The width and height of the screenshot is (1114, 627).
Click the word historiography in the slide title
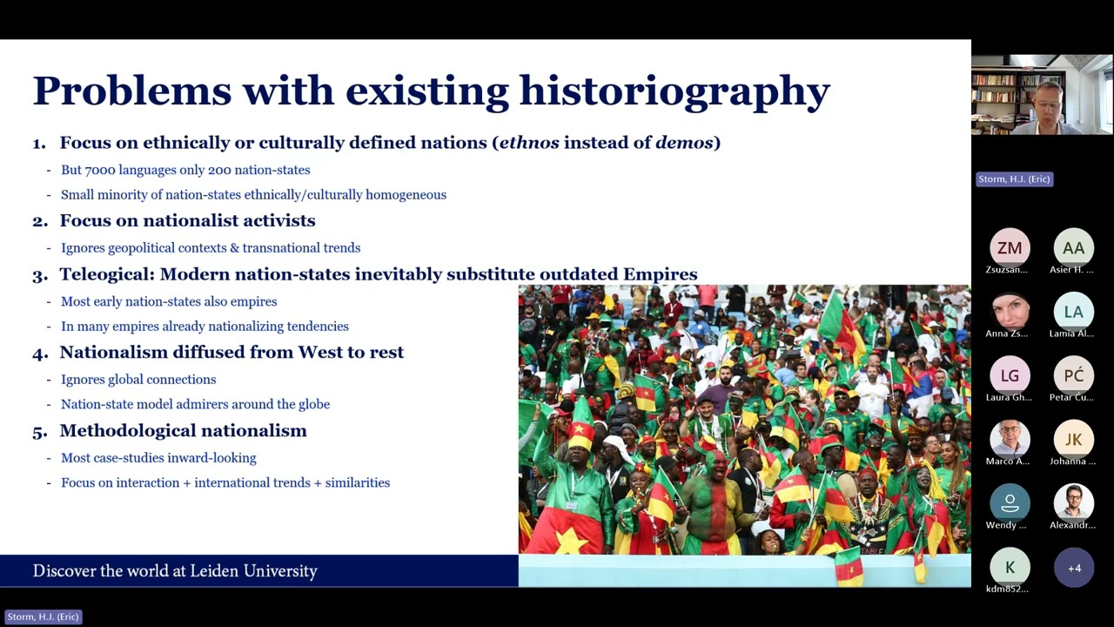[x=674, y=91]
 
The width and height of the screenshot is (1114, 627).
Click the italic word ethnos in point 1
[x=529, y=143]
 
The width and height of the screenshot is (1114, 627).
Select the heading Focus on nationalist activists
[x=187, y=221]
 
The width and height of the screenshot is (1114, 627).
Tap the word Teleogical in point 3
[x=106, y=274]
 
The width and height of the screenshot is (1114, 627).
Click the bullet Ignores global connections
[x=138, y=380]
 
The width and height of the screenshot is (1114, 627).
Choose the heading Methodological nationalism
[x=183, y=431]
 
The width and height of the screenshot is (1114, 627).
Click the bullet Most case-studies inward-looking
[x=158, y=458]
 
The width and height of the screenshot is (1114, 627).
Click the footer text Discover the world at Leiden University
[x=175, y=571]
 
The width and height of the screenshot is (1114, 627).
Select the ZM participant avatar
[x=1010, y=248]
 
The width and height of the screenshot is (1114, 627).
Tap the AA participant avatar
[x=1073, y=248]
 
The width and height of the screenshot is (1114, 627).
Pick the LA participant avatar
[x=1073, y=312]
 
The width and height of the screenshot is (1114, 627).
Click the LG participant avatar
[x=1010, y=375]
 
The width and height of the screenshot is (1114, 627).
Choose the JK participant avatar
[x=1073, y=440]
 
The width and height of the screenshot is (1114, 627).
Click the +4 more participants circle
[x=1074, y=568]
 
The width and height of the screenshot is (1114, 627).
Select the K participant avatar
[x=1010, y=568]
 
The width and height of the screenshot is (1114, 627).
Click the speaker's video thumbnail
[x=1042, y=95]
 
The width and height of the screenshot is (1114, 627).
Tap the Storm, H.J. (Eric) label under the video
[x=1014, y=179]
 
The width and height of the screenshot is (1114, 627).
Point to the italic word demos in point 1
[x=683, y=143]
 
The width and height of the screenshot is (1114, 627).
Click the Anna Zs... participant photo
[x=1010, y=312]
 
